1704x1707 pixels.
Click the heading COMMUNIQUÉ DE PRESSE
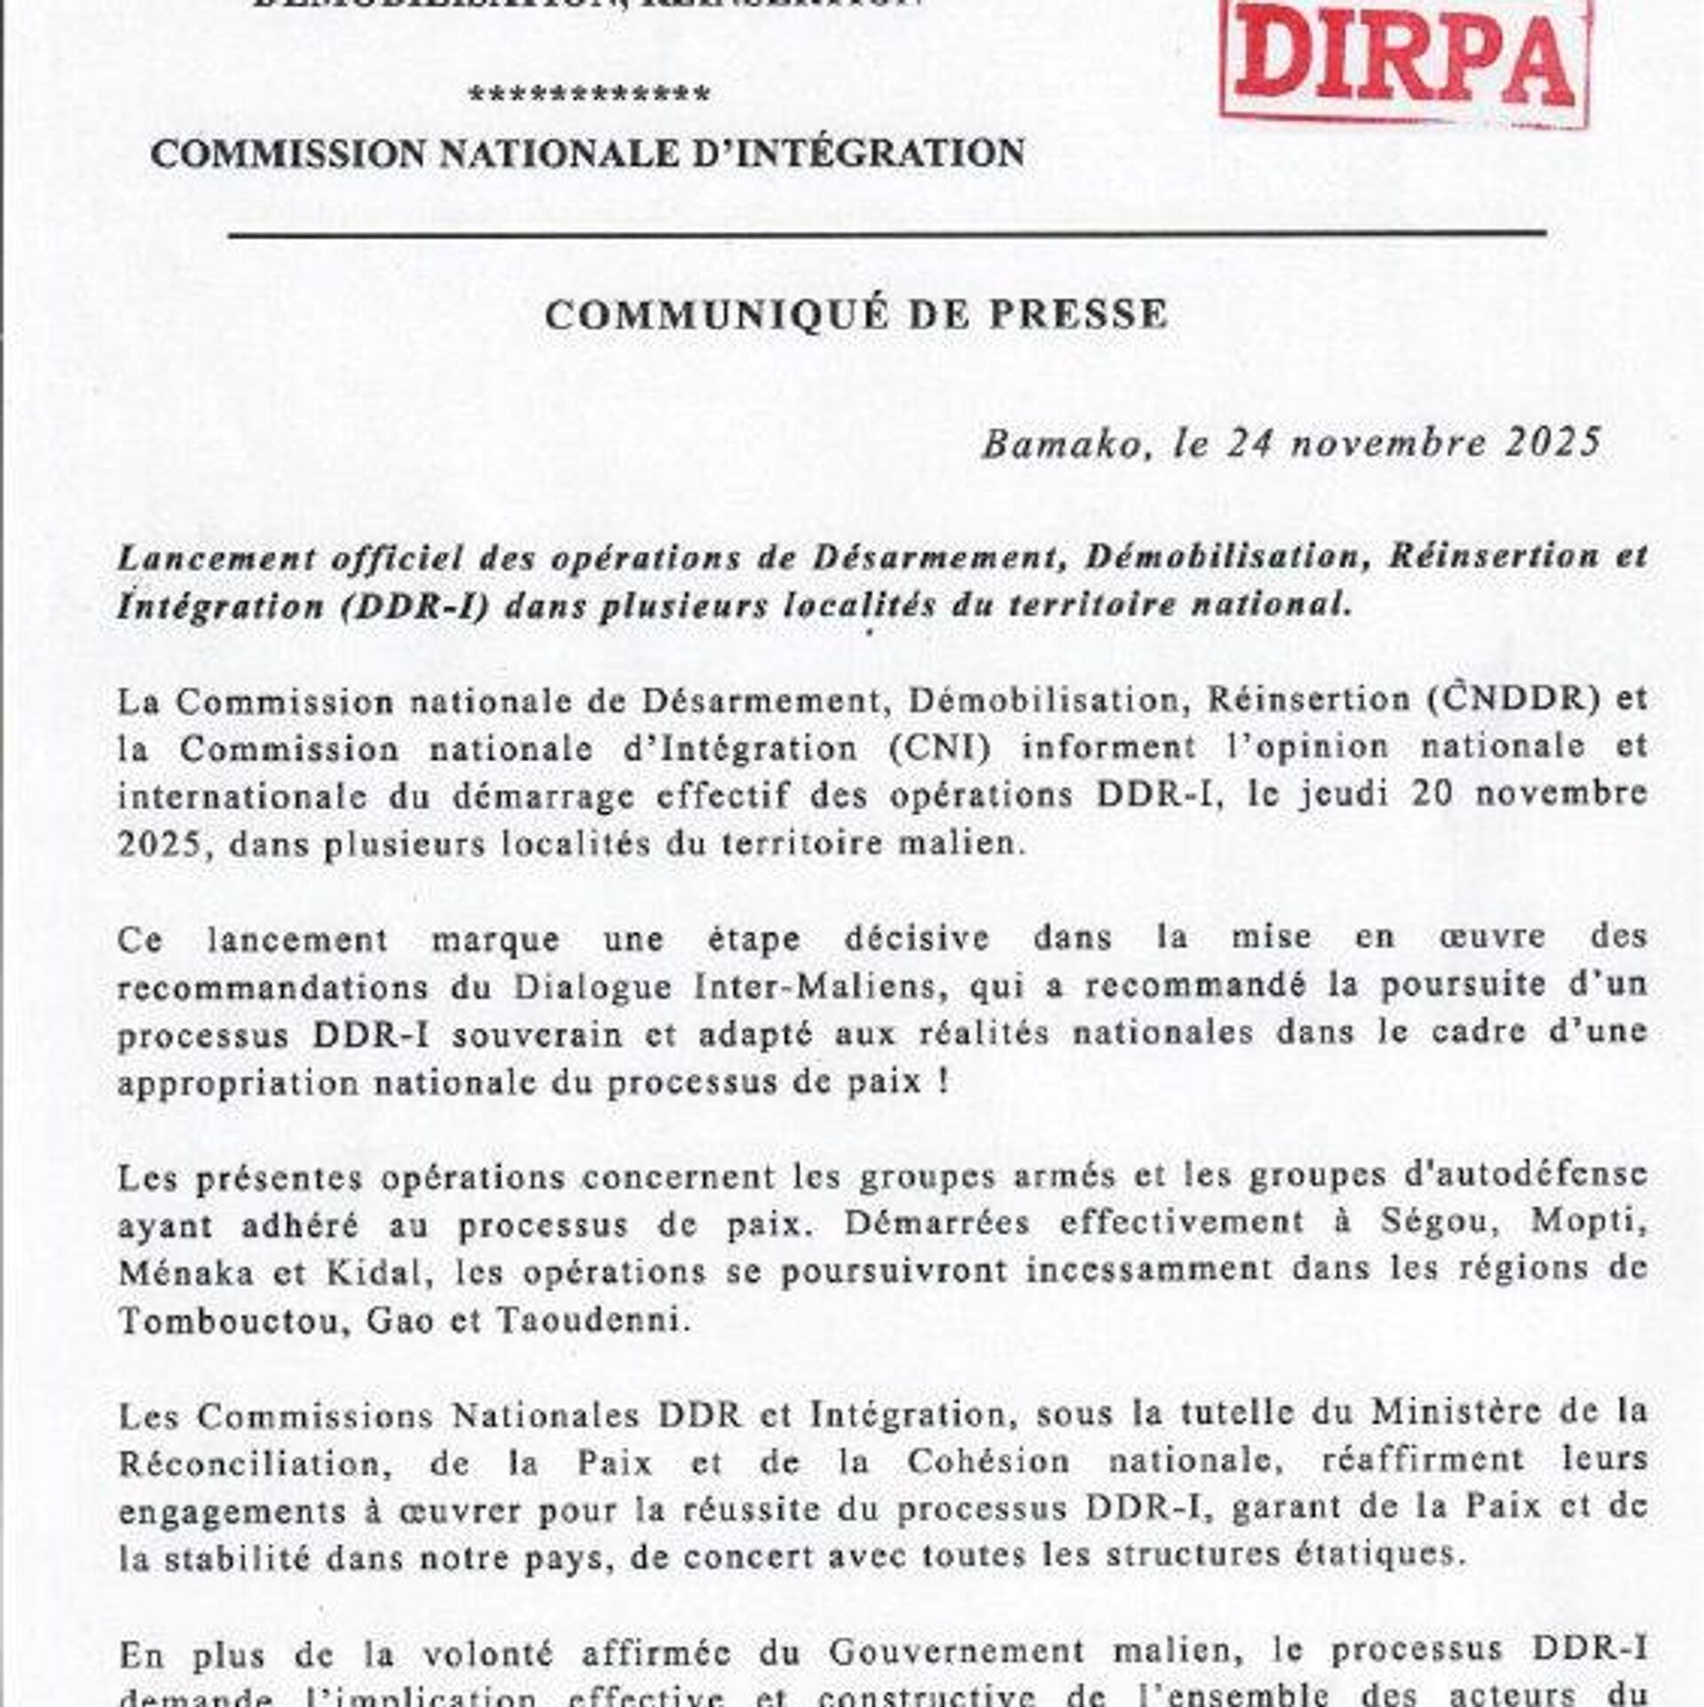[x=856, y=314]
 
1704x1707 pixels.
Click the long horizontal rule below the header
[x=887, y=234]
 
